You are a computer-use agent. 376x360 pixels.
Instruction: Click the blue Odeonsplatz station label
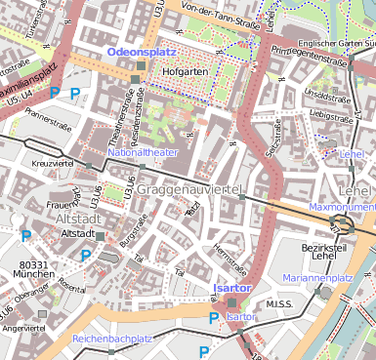(143, 49)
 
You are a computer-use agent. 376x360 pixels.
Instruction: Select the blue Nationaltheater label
(144, 153)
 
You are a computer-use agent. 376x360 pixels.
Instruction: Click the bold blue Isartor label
(232, 289)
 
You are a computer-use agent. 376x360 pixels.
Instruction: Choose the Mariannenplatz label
(316, 278)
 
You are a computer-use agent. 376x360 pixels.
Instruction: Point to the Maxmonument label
(342, 208)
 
